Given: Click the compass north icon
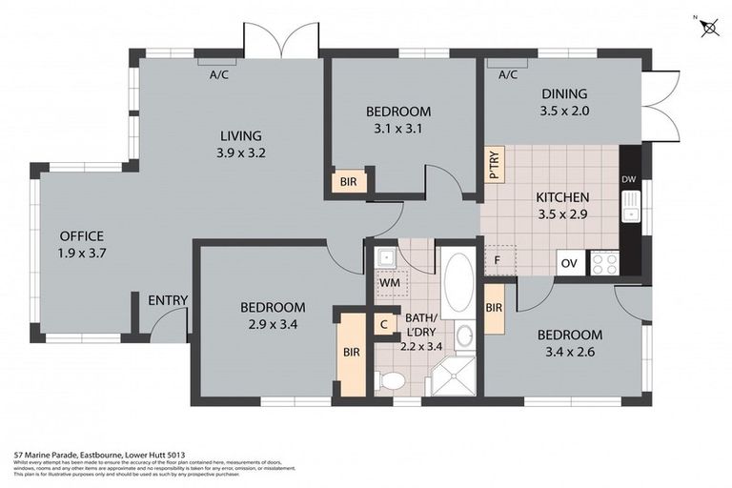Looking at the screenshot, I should click(x=710, y=27).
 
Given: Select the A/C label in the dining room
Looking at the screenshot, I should click(x=507, y=74).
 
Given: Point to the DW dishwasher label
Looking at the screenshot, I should click(x=628, y=179).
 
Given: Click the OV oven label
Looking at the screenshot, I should click(x=569, y=263).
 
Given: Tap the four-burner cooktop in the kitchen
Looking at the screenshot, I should click(x=604, y=263).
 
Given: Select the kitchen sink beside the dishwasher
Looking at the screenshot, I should click(x=629, y=205).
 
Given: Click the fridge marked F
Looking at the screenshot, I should click(x=498, y=259).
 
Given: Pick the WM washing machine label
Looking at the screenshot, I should click(x=389, y=283).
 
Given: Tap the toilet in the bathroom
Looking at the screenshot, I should click(x=390, y=381).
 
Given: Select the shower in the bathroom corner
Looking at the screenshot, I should click(x=451, y=376).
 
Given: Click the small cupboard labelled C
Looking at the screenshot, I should click(x=383, y=324).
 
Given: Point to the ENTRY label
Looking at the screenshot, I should click(x=167, y=301).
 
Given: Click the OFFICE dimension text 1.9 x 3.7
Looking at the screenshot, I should click(x=81, y=254).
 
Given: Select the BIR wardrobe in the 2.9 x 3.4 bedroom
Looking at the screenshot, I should click(x=352, y=353).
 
